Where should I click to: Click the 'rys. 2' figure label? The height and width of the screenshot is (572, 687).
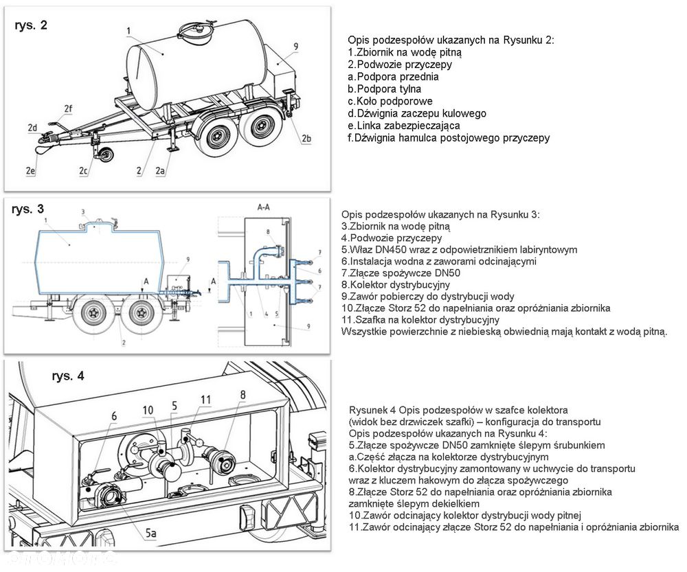click(31, 25)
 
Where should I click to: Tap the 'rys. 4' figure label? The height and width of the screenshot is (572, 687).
click(68, 376)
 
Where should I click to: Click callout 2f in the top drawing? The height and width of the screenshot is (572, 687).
click(68, 108)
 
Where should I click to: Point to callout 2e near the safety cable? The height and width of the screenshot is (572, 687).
click(30, 170)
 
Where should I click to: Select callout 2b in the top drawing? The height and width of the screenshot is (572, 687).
click(306, 139)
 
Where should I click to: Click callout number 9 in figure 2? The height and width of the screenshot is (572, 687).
click(296, 46)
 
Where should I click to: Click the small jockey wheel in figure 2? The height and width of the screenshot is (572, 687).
click(106, 156)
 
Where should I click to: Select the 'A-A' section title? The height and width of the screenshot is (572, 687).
click(263, 207)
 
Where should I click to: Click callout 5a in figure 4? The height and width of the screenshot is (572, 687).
click(150, 533)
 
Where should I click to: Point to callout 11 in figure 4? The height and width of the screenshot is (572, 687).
click(205, 400)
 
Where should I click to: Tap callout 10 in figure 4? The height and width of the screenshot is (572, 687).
click(148, 410)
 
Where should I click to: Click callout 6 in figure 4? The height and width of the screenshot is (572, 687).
click(114, 416)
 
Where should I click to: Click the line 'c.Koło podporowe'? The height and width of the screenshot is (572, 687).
click(390, 101)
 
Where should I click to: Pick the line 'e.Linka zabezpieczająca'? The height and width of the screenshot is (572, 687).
click(404, 126)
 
